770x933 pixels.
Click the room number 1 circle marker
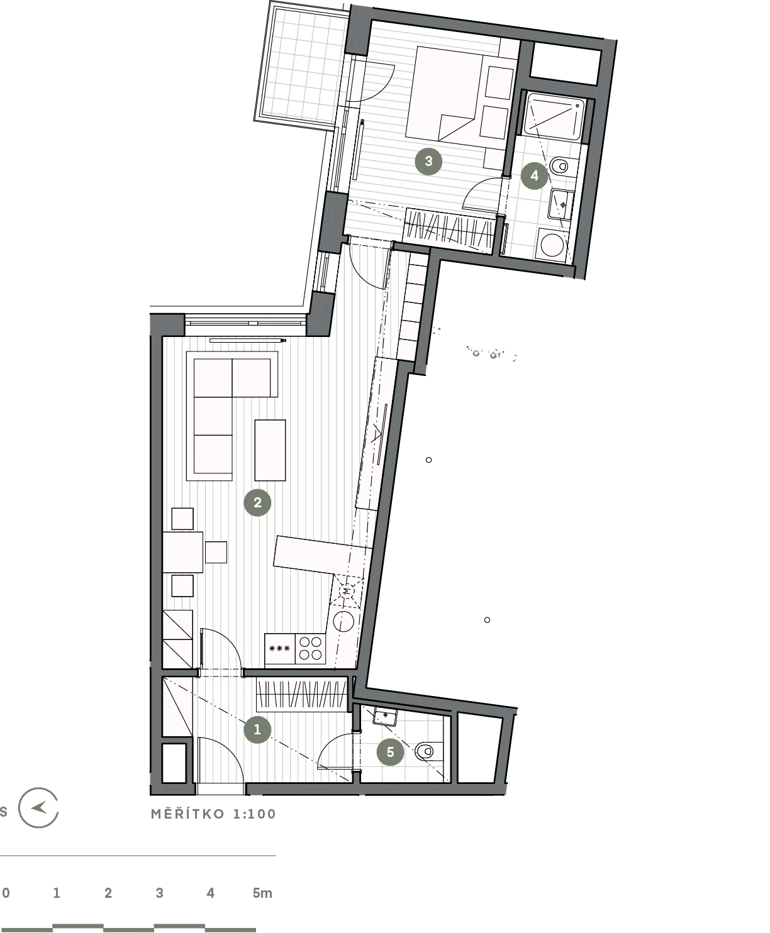(257, 730)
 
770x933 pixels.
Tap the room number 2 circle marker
(257, 503)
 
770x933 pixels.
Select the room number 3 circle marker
(428, 162)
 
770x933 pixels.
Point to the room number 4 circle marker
(534, 175)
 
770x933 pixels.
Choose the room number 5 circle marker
(391, 752)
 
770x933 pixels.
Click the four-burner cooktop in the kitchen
(310, 648)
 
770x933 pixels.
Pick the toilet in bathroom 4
(559, 167)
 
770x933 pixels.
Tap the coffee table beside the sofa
(270, 450)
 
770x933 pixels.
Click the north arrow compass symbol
(38, 807)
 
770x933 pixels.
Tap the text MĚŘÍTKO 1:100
(213, 814)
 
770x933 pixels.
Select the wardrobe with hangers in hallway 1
(302, 695)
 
